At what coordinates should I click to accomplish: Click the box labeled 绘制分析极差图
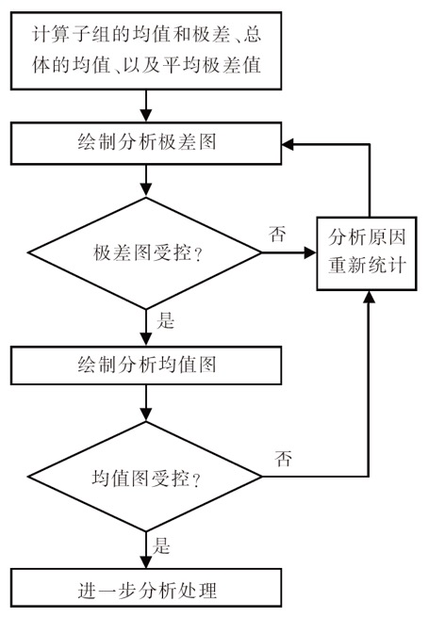click(x=146, y=143)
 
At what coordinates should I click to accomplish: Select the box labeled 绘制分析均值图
click(x=146, y=365)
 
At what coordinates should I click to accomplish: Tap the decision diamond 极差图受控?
click(x=145, y=253)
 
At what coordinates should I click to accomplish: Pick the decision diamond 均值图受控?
click(x=145, y=477)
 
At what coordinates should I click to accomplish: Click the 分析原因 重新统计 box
click(x=367, y=253)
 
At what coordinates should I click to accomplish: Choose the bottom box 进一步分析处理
click(x=146, y=588)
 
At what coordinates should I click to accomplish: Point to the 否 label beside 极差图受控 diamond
click(x=277, y=234)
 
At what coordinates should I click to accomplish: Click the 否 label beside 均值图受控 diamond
click(x=284, y=459)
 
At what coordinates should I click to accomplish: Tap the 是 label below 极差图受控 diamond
click(x=165, y=320)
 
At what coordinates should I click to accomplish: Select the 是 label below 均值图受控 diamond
click(x=161, y=546)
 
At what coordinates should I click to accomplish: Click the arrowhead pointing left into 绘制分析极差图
click(x=288, y=144)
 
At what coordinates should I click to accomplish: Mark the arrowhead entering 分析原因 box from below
click(x=369, y=297)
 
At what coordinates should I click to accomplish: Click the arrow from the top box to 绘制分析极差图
click(x=146, y=106)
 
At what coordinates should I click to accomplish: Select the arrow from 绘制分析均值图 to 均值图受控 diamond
click(x=146, y=403)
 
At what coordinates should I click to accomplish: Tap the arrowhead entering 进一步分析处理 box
click(x=146, y=562)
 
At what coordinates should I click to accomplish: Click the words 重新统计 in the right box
click(x=367, y=266)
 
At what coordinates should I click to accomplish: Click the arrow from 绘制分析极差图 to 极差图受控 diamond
click(x=146, y=181)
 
